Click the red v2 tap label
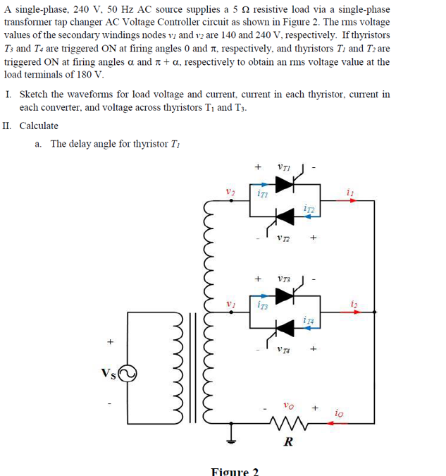[230, 191]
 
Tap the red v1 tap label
[230, 303]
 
